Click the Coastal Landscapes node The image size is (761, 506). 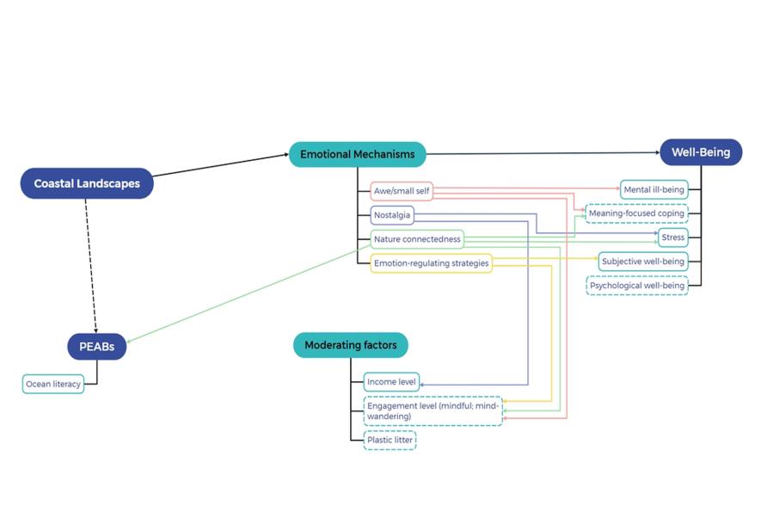point(87,183)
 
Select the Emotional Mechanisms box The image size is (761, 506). point(357,155)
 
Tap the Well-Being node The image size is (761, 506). point(701,152)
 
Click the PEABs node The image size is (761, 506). point(97,347)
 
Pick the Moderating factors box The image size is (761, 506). point(351,346)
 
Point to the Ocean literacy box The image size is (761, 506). point(53,385)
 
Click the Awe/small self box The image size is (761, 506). point(402,191)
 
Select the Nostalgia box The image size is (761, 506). point(392,215)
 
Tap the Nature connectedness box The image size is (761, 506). point(417,239)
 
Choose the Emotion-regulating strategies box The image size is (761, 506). point(432,263)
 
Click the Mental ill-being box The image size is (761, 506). point(654,188)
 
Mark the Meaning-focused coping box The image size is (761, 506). point(636,213)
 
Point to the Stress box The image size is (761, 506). point(673,238)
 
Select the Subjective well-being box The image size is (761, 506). point(644,262)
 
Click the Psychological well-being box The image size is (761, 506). point(637,286)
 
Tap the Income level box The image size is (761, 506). point(392,382)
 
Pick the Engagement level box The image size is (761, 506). point(433,410)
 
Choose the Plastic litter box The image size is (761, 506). point(390,440)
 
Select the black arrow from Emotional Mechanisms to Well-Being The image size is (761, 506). point(542,154)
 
